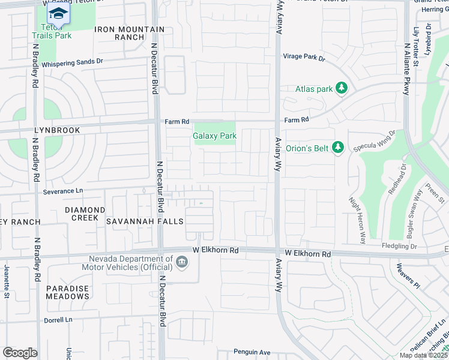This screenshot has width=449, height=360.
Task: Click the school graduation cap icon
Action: point(58,13)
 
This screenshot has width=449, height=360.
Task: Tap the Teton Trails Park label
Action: point(56,32)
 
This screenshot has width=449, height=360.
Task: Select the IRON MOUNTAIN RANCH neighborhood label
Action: point(130,33)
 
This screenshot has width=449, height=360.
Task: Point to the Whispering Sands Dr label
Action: point(73,61)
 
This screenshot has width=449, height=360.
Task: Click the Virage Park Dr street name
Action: point(304,58)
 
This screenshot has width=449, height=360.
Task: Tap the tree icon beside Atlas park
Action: point(342,89)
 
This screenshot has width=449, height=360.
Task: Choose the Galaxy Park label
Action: point(214,136)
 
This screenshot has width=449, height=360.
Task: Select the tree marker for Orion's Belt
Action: point(338,148)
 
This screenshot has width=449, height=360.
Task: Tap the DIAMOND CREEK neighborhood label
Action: point(85,214)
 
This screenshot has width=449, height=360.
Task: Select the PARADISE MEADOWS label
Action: point(68,292)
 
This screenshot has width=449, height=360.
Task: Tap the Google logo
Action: point(19,353)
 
